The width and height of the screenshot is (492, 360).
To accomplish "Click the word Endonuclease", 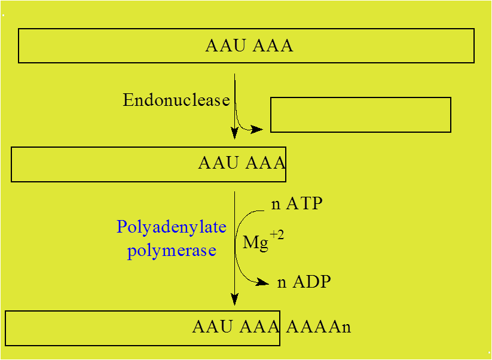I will (x=176, y=100).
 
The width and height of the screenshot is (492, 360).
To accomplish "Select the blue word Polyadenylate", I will (x=172, y=227).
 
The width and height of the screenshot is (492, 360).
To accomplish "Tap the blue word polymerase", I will (x=172, y=250).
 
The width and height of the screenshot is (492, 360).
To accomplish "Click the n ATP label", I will (x=297, y=204).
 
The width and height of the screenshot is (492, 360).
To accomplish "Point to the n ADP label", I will (x=304, y=282).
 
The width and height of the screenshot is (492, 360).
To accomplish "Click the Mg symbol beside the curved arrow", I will (x=255, y=243).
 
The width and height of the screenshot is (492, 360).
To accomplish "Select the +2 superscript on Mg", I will (x=277, y=235).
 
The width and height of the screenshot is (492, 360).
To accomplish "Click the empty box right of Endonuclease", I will (x=360, y=115).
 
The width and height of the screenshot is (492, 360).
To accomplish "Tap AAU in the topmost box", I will (x=225, y=46).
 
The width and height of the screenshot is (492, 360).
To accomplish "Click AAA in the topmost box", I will (x=273, y=46).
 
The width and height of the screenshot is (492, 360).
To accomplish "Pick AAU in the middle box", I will (x=218, y=163).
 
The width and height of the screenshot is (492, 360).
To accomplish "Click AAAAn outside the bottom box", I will (x=318, y=327).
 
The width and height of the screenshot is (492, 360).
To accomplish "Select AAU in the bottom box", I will (x=212, y=327).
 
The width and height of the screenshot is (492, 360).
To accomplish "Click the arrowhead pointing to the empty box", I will (x=257, y=129).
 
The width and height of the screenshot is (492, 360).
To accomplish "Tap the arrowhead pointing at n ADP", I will (x=263, y=282).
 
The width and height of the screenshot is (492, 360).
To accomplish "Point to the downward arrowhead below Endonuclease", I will (x=234, y=133).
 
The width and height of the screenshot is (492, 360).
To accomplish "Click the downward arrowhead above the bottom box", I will (x=234, y=299).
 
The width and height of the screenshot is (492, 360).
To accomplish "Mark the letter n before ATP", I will (x=276, y=205).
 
